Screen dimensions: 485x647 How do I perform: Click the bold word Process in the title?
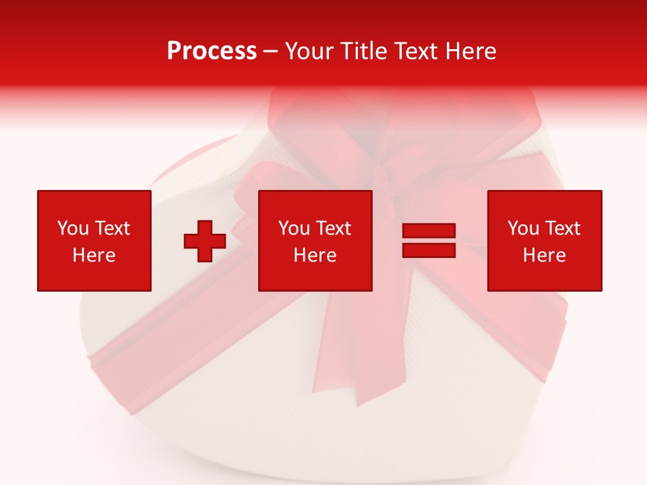point(212,51)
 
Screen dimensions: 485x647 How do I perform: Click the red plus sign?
point(205,241)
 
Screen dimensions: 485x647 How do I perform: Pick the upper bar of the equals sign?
point(429,231)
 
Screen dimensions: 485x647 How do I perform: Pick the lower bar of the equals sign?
point(429,250)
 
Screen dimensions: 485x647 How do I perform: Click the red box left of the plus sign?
point(94,202)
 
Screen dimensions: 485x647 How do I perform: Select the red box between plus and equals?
point(315,202)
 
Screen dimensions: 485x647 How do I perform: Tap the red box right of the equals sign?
point(545,202)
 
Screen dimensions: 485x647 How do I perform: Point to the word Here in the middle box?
point(315,255)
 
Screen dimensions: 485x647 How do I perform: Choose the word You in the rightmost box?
point(523,228)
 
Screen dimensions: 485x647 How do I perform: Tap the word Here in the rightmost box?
point(545,255)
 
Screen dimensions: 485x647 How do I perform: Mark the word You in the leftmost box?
point(72,228)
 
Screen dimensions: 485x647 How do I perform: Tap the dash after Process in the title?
point(270,51)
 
